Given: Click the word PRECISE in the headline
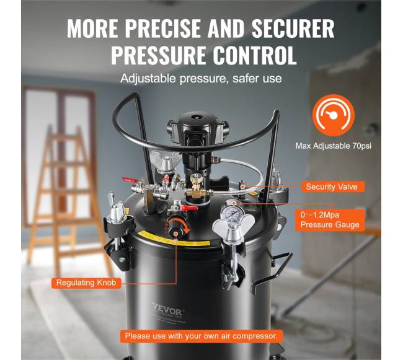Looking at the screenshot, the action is click(x=162, y=29).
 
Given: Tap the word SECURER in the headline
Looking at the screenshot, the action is click(x=293, y=29).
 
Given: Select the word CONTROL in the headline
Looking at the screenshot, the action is click(x=255, y=55).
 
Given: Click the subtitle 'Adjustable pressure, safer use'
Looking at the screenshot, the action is click(x=201, y=78).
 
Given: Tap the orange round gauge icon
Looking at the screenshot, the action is click(x=334, y=115).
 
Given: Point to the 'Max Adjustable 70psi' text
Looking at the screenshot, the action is click(x=334, y=146).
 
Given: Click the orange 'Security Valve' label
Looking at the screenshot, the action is click(x=332, y=187).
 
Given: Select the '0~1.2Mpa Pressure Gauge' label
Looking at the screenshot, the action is click(x=330, y=220).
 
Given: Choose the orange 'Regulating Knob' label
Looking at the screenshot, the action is click(x=86, y=283).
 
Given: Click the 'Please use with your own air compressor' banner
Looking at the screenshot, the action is click(x=201, y=336).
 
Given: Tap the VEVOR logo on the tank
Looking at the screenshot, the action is click(x=167, y=310).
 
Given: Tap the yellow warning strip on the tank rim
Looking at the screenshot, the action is click(x=175, y=239).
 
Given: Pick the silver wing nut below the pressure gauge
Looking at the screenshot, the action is click(x=233, y=226).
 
